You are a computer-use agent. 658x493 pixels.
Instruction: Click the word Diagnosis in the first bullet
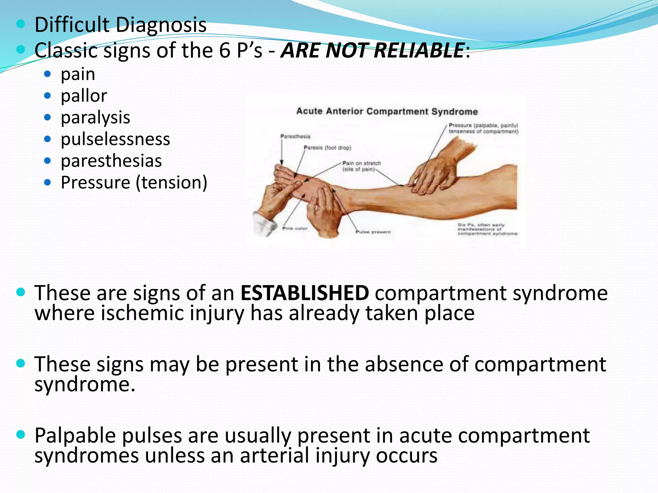[x=161, y=25]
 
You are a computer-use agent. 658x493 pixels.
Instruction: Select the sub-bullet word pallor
[x=84, y=96]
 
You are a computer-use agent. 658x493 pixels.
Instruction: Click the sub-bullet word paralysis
[x=95, y=117]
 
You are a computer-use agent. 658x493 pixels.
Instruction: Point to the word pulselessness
[x=115, y=139]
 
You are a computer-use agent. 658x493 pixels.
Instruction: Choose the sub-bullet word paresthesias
[x=111, y=161]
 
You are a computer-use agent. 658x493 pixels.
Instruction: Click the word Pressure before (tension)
[x=95, y=183]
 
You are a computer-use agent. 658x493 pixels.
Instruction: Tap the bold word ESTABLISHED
[x=305, y=293]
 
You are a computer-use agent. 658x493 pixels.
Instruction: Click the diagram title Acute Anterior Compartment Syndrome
[x=387, y=111]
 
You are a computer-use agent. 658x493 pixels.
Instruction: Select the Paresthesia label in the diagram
[x=295, y=136]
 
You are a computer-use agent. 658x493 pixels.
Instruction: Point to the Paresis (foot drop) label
[x=327, y=148]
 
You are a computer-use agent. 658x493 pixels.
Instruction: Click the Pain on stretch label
[x=361, y=163]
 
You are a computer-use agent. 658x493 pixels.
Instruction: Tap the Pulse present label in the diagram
[x=373, y=232]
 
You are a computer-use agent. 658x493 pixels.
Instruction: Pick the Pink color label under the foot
[x=295, y=229]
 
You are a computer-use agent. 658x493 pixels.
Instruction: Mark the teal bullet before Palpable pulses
[x=21, y=435]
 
